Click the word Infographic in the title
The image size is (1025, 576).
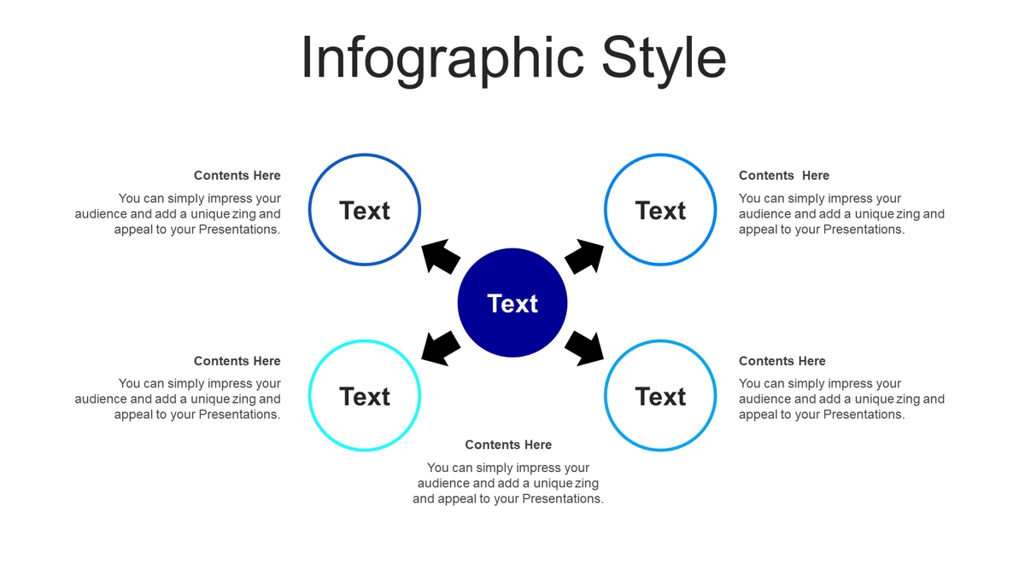(x=442, y=60)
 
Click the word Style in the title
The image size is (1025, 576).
(x=664, y=60)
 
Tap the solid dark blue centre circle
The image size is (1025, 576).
(x=512, y=303)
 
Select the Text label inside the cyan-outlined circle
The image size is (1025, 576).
(x=364, y=396)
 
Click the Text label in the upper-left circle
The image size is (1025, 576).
(x=364, y=211)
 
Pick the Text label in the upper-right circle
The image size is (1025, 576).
(x=660, y=211)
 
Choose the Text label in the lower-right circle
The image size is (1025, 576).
(x=660, y=396)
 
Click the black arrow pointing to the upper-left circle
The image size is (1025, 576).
(x=440, y=256)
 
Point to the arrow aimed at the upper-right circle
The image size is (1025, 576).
(x=584, y=256)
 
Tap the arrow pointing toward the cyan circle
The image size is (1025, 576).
(x=440, y=349)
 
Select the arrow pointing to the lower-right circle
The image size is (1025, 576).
(x=584, y=349)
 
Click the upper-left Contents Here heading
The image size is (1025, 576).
(x=237, y=176)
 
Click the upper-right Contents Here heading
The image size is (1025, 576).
(x=784, y=176)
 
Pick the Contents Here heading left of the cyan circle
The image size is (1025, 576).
(x=237, y=361)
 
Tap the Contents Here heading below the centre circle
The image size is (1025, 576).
(x=508, y=445)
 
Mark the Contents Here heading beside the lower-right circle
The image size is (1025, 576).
(x=782, y=361)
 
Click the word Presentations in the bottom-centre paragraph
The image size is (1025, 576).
(x=563, y=498)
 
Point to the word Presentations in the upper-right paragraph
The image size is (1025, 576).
(x=864, y=230)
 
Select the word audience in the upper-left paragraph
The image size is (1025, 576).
(x=101, y=214)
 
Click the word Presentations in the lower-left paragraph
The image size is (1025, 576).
(x=239, y=415)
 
